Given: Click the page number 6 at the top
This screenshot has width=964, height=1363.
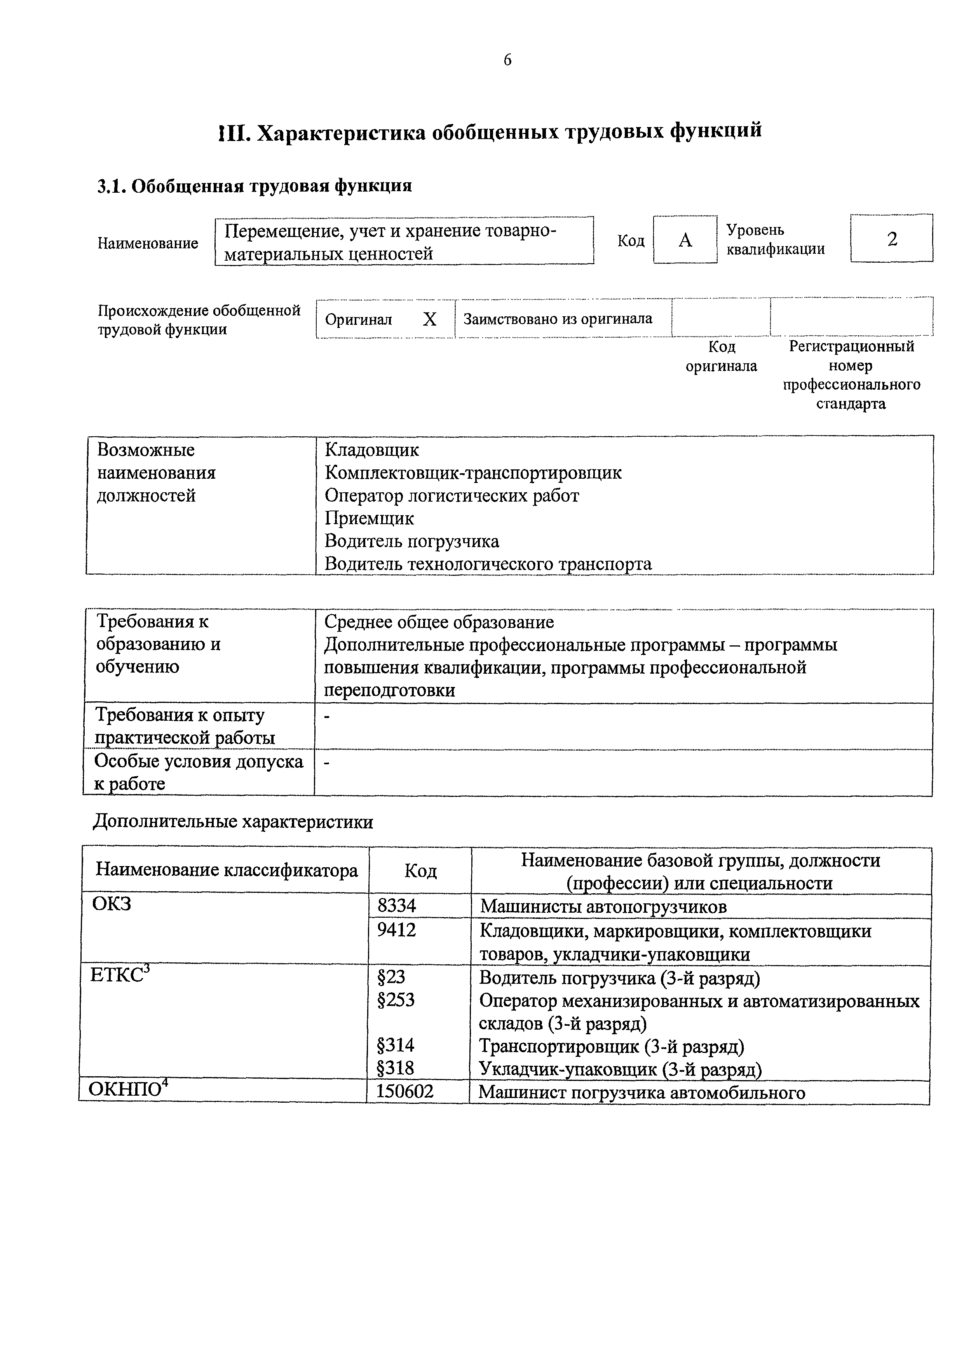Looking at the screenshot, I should (x=507, y=60).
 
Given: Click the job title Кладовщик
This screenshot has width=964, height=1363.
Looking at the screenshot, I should (x=371, y=450).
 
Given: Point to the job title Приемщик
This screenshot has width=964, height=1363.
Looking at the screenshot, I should (x=369, y=518).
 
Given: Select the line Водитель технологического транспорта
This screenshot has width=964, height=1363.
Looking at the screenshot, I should (x=488, y=564).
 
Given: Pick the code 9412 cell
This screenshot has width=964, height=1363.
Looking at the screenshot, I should (x=397, y=930).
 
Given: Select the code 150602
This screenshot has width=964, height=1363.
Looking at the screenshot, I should (x=405, y=1091).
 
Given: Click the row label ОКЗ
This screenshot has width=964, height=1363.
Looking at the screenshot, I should (x=112, y=904).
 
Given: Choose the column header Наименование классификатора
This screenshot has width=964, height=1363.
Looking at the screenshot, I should (x=227, y=870).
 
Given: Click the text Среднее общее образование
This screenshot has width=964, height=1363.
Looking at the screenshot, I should (x=439, y=622).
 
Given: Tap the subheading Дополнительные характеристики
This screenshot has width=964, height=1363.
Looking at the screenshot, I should (x=233, y=822).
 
